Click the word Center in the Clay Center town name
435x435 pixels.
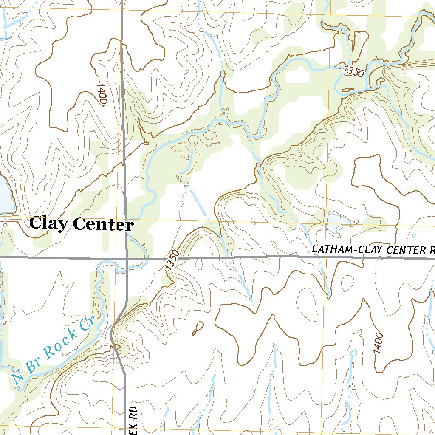(x=103, y=224)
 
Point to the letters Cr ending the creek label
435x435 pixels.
(x=87, y=325)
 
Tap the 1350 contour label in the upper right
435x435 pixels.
(x=354, y=71)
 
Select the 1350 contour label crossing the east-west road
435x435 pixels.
(x=172, y=260)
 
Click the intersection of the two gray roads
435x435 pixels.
(x=126, y=258)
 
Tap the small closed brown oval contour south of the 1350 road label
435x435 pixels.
(x=198, y=327)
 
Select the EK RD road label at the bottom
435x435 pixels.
(x=133, y=421)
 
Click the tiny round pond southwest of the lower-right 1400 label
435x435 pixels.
(x=354, y=353)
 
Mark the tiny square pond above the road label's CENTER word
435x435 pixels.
(x=414, y=235)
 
